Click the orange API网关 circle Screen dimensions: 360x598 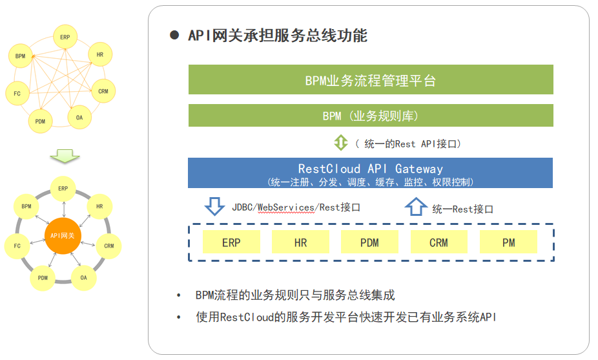coord(63,235)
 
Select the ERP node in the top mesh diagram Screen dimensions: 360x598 coord(65,37)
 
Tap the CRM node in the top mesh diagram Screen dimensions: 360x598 coord(103,91)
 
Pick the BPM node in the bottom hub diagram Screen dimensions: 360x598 coord(26,206)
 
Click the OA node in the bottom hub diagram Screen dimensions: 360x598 coord(83,277)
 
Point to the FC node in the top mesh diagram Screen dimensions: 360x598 coord(17,94)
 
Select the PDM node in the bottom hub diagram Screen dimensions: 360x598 coord(43,278)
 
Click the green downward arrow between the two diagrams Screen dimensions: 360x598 coord(65,156)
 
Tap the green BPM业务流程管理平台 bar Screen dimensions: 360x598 coord(371,79)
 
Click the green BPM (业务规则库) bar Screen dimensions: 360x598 coord(371,116)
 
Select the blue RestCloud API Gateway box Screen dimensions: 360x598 coord(371,173)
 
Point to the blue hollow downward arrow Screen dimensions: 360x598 coord(214,207)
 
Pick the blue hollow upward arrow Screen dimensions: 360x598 coord(415,207)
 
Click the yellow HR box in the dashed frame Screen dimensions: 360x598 coord(300,242)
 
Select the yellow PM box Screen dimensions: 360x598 coord(508,242)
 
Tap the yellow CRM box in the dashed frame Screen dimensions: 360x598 coord(438,242)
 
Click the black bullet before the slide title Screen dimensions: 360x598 coord(174,36)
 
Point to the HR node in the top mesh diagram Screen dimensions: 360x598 coord(99,55)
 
